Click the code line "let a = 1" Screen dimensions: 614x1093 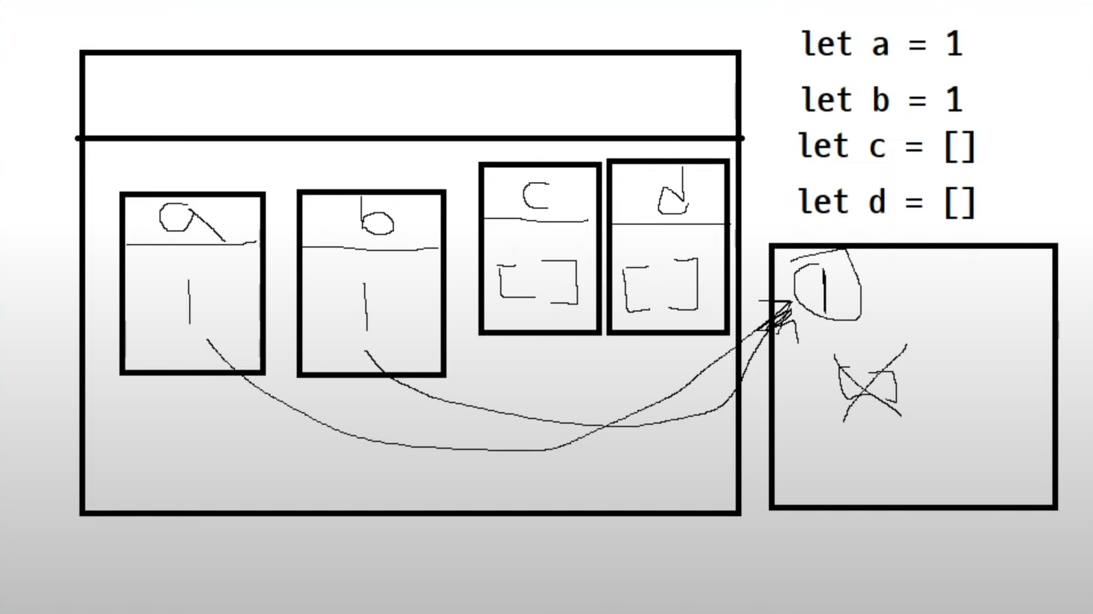pyautogui.click(x=882, y=44)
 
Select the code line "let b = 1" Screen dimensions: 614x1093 pyautogui.click(x=882, y=100)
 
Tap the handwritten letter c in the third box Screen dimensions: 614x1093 pyautogui.click(x=536, y=196)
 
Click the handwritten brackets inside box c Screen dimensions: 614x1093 pyautogui.click(x=538, y=281)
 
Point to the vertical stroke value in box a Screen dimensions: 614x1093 pyautogui.click(x=189, y=302)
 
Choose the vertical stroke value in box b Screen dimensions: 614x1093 pyautogui.click(x=366, y=306)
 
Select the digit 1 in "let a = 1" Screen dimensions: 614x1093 pyautogui.click(x=954, y=44)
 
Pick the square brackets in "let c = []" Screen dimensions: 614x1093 pyautogui.click(x=959, y=146)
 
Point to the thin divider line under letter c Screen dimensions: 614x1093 pyautogui.click(x=536, y=220)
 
